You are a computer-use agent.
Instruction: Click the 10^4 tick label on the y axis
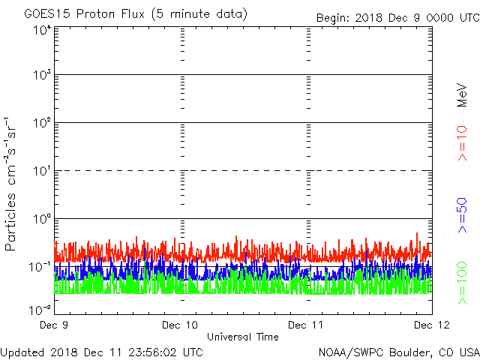tap(40, 31)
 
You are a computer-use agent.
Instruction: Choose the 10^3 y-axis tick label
tap(40, 76)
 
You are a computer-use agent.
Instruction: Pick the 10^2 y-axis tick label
tap(40, 123)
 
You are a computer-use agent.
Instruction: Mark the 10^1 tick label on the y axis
tap(40, 171)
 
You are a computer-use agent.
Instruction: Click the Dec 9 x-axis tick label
tap(55, 325)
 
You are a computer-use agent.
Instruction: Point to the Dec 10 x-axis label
tap(181, 325)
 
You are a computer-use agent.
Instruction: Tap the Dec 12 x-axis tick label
tap(431, 325)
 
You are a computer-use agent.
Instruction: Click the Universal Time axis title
tap(242, 337)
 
